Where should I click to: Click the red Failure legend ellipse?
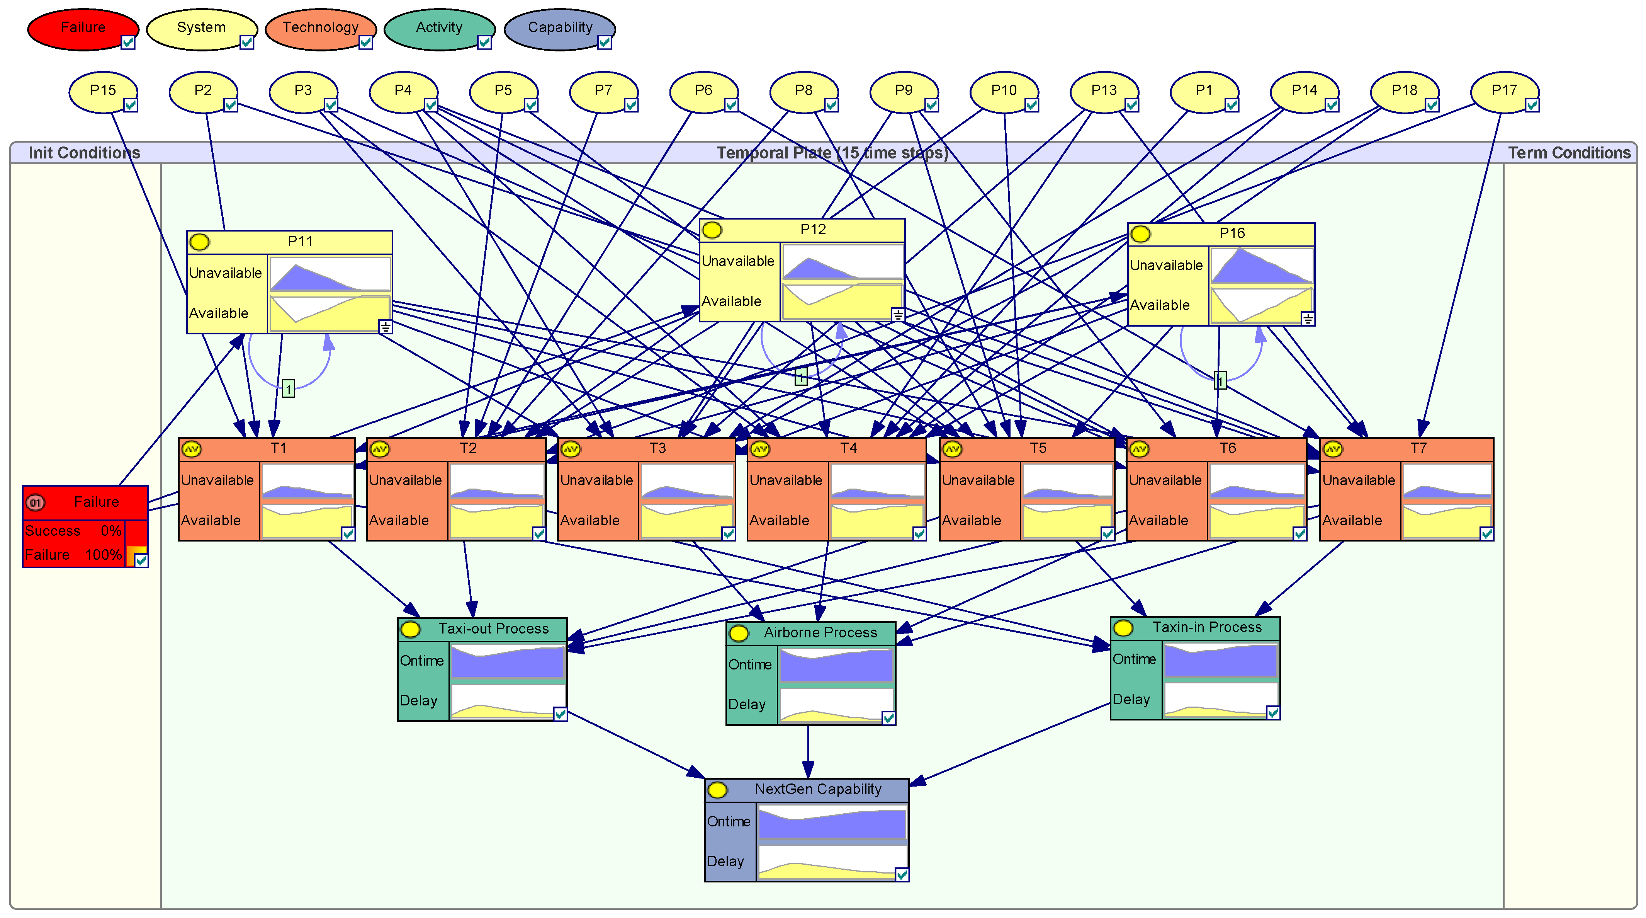click(x=82, y=28)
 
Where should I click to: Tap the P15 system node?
click(x=102, y=91)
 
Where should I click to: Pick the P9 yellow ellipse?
click(x=903, y=91)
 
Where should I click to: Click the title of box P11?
click(x=300, y=242)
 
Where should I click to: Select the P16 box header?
click(x=1231, y=233)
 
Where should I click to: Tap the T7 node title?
click(x=1418, y=448)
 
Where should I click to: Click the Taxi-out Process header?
click(x=493, y=629)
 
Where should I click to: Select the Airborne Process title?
click(x=820, y=633)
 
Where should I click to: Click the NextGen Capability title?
click(x=817, y=790)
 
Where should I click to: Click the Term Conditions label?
click(x=1569, y=153)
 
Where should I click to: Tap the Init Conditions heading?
click(x=84, y=153)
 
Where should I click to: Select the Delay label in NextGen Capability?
click(x=725, y=862)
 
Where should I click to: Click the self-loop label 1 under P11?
click(x=288, y=389)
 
